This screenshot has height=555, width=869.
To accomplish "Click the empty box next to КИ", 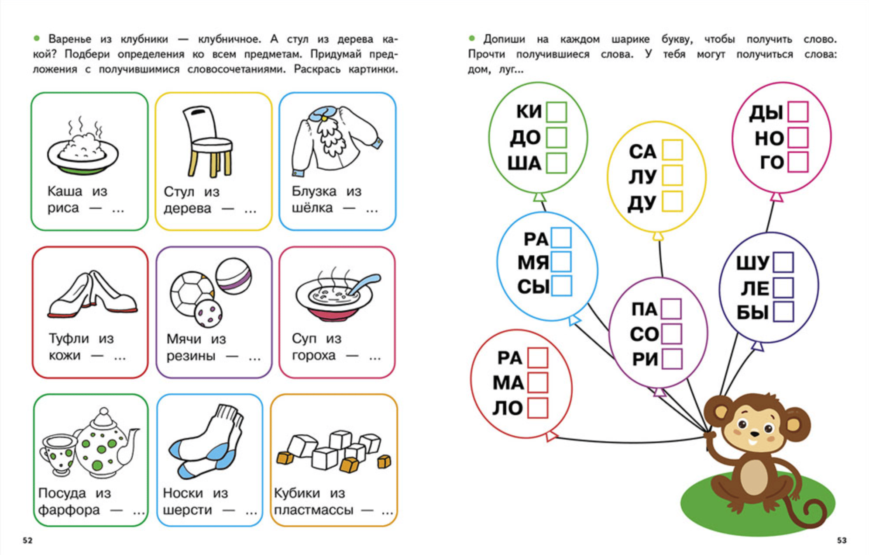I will coord(556,112).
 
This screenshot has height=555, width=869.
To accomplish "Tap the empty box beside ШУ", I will coord(783,262).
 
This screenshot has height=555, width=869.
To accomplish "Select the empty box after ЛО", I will coord(538,408).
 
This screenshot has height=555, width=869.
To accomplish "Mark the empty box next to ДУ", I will coord(672,201).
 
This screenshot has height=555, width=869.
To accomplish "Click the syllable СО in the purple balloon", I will coord(644,334).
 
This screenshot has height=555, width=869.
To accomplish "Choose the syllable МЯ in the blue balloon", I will coord(533,263).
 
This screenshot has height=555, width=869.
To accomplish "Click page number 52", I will coord(27,541).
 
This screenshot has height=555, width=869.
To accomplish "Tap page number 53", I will coord(842,541).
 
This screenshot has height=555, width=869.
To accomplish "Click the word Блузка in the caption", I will coord(314,191).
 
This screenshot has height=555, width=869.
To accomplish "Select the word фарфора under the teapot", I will coord(69,510).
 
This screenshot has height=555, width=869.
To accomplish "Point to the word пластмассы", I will coord(313,510).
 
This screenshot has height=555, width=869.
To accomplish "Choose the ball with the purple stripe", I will coord(234,276).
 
